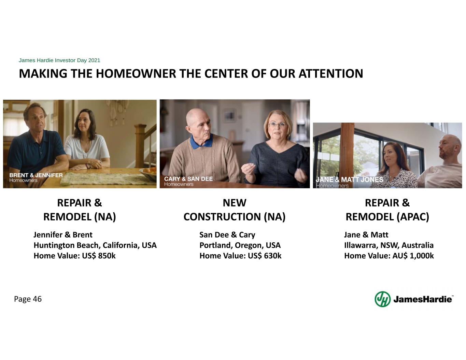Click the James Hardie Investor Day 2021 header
(59, 60)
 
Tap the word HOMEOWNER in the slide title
(136, 74)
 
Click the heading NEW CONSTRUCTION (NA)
(235, 210)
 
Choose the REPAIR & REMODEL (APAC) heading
(387, 210)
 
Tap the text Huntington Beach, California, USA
(95, 245)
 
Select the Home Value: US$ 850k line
(75, 256)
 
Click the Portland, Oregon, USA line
(240, 245)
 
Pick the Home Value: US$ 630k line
(240, 256)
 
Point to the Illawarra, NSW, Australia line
(389, 245)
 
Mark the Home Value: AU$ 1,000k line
(389, 256)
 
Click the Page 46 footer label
(28, 299)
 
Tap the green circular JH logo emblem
(383, 299)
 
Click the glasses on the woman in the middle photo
(278, 124)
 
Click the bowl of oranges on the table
(148, 173)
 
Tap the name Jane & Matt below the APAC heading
(366, 235)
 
